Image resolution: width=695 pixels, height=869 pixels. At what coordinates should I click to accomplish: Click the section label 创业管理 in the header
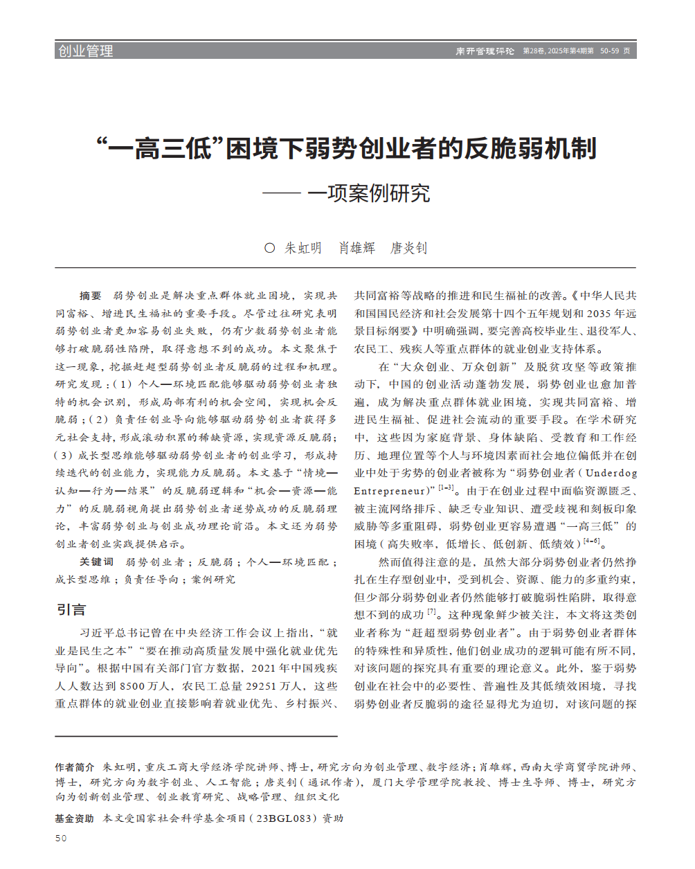[x=85, y=51]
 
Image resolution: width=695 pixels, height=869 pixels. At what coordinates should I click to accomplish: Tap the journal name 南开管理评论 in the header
[x=485, y=51]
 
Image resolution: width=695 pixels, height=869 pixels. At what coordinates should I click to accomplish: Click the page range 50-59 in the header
[x=609, y=51]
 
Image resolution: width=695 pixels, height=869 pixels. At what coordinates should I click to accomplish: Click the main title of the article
[x=346, y=148]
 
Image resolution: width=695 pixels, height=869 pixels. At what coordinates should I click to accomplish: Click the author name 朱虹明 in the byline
[x=303, y=248]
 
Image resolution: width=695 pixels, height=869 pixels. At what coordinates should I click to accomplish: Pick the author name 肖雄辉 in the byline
[x=356, y=248]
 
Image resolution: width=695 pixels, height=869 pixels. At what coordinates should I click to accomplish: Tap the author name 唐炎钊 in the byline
[x=408, y=248]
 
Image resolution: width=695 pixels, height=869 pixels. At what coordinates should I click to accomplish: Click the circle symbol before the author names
[x=269, y=248]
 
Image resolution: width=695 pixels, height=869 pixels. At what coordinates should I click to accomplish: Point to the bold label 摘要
[x=90, y=296]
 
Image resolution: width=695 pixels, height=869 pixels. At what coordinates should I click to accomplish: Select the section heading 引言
[x=71, y=609]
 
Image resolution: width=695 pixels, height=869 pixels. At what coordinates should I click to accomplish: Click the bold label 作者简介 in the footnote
[x=75, y=767]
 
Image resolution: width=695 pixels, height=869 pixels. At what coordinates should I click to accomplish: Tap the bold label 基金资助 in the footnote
[x=75, y=818]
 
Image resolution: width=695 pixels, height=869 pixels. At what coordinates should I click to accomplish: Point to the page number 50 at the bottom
[x=61, y=839]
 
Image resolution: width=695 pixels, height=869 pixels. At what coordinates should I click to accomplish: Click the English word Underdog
[x=611, y=473]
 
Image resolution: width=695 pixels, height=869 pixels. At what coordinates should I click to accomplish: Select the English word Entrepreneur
[x=390, y=491]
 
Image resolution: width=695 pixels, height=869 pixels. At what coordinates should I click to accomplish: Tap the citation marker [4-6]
[x=591, y=541]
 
